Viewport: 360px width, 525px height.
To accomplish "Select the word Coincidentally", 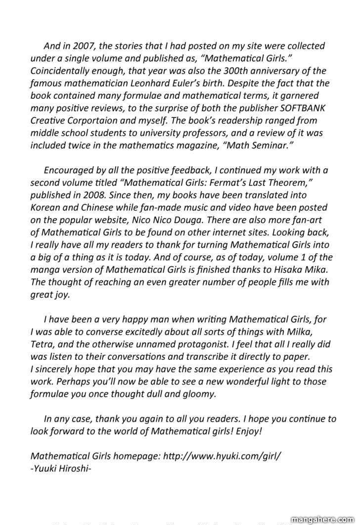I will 62,71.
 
